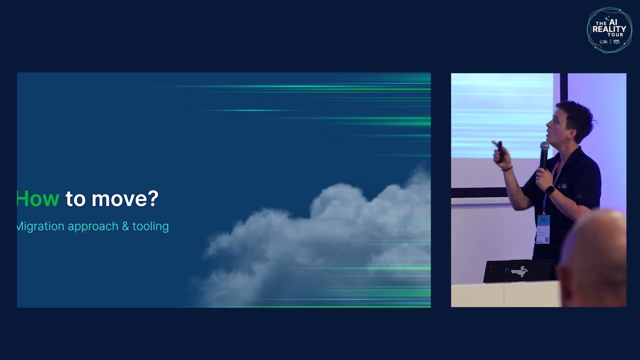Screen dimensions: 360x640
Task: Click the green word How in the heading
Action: [38, 199]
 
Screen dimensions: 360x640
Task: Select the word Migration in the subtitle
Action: [40, 226]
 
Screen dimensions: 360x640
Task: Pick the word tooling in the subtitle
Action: [150, 226]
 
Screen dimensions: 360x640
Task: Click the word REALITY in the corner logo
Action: [609, 29]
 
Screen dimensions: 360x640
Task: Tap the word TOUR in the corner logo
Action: [615, 35]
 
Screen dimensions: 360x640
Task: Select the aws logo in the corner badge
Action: [616, 41]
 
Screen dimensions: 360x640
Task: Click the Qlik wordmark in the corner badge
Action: [603, 41]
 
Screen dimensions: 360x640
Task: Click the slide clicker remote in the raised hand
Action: [498, 149]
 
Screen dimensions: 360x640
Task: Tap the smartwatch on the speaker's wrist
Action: [550, 190]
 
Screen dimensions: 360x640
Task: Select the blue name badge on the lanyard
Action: [543, 228]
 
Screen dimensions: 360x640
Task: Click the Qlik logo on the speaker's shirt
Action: [562, 186]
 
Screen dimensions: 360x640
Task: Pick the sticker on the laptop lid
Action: [519, 271]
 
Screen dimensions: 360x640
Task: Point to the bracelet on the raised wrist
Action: [506, 169]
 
